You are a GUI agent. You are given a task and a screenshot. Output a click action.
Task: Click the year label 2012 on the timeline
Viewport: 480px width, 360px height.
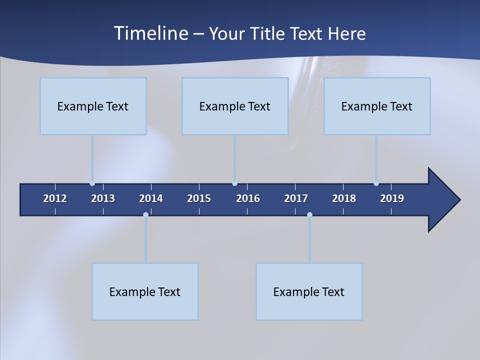click(x=55, y=198)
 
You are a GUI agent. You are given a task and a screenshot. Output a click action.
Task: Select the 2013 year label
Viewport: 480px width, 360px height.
click(x=103, y=198)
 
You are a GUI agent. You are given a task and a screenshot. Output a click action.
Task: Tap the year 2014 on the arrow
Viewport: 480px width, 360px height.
click(x=151, y=198)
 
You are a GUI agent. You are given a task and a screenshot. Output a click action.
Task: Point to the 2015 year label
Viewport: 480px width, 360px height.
click(x=199, y=198)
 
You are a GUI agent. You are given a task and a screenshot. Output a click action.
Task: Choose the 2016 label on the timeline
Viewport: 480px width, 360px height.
click(x=248, y=198)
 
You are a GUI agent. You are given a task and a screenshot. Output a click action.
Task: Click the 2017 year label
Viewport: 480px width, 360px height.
click(x=296, y=198)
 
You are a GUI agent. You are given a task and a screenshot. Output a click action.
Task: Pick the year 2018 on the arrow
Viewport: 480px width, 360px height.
click(x=344, y=198)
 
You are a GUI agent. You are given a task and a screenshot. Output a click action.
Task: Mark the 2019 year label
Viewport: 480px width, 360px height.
click(x=392, y=198)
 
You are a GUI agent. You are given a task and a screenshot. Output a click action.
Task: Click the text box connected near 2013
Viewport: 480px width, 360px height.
click(x=93, y=106)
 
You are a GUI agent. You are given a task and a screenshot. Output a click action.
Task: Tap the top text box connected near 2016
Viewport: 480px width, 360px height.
click(x=235, y=106)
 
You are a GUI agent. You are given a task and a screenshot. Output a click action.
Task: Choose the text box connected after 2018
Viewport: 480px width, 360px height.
click(x=377, y=106)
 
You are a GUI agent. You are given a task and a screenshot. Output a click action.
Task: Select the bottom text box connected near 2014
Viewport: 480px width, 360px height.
click(x=145, y=291)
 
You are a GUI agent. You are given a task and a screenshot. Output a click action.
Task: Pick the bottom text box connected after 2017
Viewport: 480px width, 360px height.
click(x=309, y=291)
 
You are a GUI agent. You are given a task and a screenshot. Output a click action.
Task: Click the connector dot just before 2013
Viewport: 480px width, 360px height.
click(x=92, y=183)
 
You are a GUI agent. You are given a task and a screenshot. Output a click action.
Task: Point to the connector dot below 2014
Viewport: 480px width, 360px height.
click(x=145, y=215)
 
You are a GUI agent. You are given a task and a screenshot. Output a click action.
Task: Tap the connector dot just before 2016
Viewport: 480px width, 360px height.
click(x=234, y=183)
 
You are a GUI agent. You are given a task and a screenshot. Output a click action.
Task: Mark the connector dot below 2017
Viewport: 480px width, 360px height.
click(x=309, y=215)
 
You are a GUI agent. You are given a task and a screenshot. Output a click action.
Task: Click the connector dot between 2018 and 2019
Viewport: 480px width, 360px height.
click(x=376, y=183)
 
